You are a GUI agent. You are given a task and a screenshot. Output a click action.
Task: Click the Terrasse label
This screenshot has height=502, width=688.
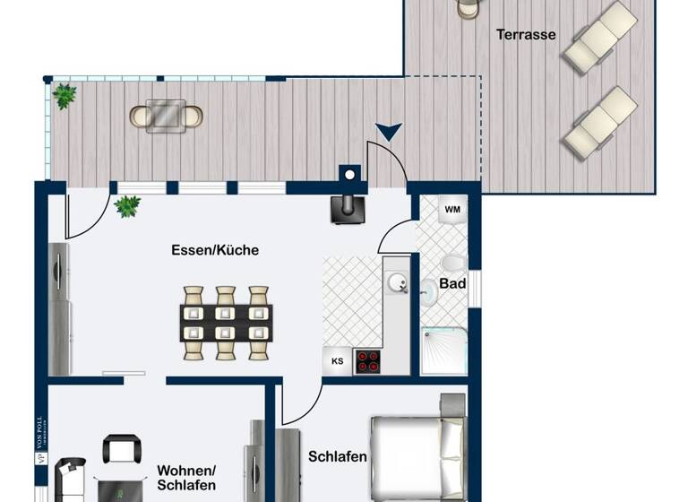point(526,35)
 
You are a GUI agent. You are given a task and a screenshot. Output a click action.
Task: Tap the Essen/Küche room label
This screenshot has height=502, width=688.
point(215,250)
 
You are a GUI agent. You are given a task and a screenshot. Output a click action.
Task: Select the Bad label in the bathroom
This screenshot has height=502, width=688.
point(452,283)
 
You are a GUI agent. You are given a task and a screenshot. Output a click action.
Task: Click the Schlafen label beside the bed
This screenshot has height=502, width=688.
point(338,456)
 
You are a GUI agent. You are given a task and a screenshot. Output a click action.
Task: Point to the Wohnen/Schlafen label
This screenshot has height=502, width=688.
point(186,477)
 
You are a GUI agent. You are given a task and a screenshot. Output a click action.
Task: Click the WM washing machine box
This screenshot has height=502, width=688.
point(452,210)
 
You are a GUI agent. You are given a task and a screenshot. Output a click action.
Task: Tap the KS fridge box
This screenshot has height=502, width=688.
point(338,361)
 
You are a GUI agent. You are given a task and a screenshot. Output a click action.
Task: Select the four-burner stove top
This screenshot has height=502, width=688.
point(367,361)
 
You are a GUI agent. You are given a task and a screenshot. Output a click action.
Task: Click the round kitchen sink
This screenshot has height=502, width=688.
point(397,283)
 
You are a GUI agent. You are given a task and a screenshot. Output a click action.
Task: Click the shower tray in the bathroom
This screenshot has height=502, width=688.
point(444,351)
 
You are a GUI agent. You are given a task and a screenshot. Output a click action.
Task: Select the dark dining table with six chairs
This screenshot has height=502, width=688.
point(226,323)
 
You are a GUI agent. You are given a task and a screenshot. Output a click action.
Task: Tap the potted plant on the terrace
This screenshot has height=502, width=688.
point(64,95)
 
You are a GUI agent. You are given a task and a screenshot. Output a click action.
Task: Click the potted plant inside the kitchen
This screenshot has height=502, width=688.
point(127,206)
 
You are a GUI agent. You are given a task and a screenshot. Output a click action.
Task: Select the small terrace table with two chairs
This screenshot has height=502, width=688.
point(167,116)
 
